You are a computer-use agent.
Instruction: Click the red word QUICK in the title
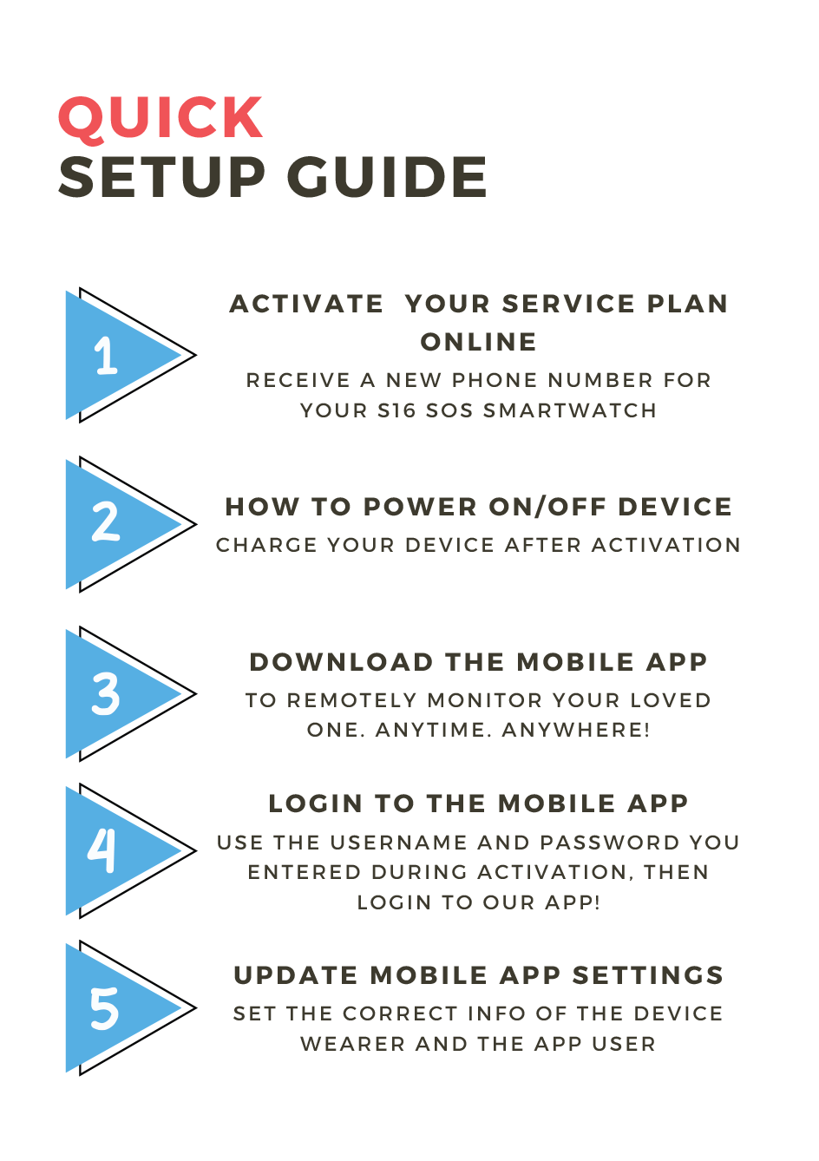[x=161, y=118]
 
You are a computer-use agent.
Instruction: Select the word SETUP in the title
[x=162, y=177]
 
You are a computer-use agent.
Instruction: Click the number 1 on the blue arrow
[x=106, y=355]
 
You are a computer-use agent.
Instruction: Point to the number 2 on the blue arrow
[x=106, y=522]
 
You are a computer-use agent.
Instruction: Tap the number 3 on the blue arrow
[x=106, y=694]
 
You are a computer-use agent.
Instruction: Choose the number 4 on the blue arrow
[x=102, y=850]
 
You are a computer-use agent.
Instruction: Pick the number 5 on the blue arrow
[x=104, y=1008]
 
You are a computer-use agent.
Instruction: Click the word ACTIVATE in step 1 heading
[x=306, y=304]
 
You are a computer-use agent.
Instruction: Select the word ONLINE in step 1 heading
[x=479, y=342]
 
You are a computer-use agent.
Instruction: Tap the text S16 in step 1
[x=396, y=410]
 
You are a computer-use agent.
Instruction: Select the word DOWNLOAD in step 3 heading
[x=341, y=662]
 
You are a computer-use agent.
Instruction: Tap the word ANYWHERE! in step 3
[x=576, y=730]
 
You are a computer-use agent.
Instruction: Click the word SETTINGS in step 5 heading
[x=647, y=975]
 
